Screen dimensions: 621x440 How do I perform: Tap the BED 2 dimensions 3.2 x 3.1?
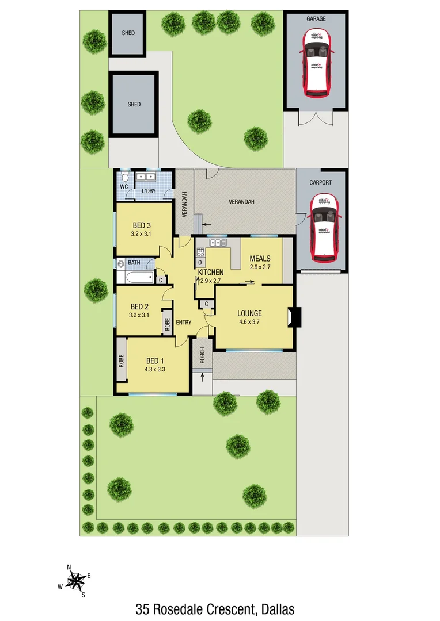[x=140, y=315]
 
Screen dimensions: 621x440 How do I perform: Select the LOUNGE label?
[x=249, y=313]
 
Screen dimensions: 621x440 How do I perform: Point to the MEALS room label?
[x=260, y=259]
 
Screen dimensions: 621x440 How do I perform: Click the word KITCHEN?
[x=211, y=272]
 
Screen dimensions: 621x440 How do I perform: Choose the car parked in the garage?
[x=316, y=62]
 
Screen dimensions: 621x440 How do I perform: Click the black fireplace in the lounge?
[x=295, y=317]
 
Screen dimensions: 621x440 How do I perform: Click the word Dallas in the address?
[x=278, y=608]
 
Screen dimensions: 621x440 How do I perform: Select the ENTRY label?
[x=183, y=323]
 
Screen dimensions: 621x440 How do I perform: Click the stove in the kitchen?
[x=201, y=252]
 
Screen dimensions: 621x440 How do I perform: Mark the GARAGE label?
[x=316, y=19]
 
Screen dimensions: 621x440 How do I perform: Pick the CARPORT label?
[x=320, y=183]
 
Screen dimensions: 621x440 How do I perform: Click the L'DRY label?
[x=150, y=191]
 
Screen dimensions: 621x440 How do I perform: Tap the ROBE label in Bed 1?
[x=122, y=360]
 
